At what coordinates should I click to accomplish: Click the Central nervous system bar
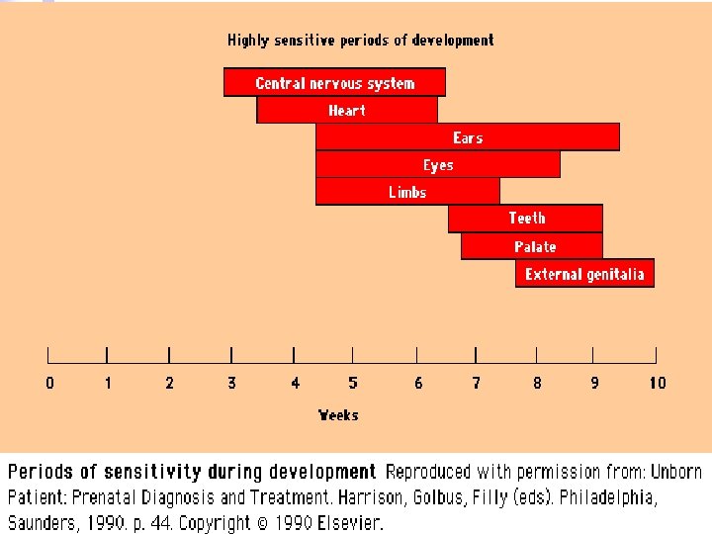[334, 82]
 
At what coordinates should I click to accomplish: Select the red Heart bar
[347, 110]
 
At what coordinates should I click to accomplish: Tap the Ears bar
[468, 136]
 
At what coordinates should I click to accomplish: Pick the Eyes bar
[438, 164]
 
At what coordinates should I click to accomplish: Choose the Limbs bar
[407, 191]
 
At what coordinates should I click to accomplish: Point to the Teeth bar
[526, 218]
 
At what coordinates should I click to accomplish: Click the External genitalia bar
[584, 273]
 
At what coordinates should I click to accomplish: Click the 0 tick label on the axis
[49, 383]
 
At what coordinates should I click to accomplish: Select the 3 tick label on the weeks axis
[231, 383]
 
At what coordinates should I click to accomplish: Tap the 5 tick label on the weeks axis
[353, 383]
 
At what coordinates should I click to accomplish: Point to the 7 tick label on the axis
[476, 383]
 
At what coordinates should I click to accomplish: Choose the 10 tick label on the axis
[658, 383]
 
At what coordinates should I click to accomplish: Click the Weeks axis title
[338, 415]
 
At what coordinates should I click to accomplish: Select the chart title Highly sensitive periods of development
[360, 41]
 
